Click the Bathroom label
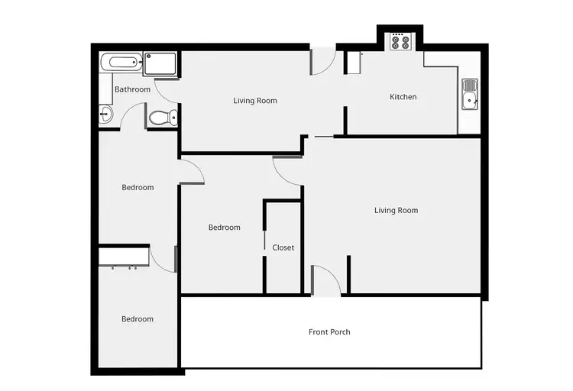click(x=132, y=89)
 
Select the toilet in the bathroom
click(x=163, y=118)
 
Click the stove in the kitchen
click(x=400, y=42)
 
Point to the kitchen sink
click(x=470, y=95)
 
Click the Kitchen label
click(x=403, y=97)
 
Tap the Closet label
click(x=283, y=247)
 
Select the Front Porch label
click(x=329, y=332)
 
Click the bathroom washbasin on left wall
click(x=105, y=115)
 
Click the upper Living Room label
click(x=254, y=101)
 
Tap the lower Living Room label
click(x=396, y=211)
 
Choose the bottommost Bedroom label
click(x=138, y=319)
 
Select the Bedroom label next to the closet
click(x=224, y=228)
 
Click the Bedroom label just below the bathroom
click(x=138, y=188)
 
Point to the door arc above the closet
click(x=287, y=171)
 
